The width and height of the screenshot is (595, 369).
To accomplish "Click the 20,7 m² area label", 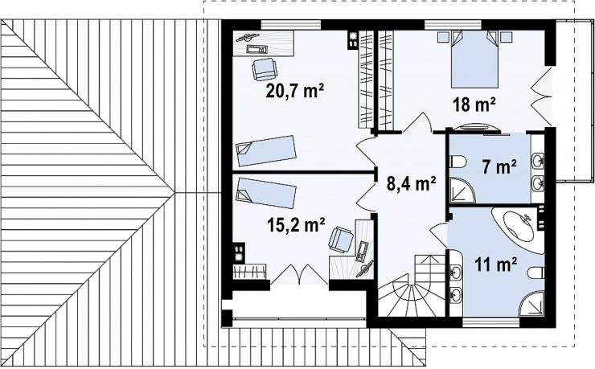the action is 295,91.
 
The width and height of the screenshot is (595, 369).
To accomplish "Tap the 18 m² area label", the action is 474,105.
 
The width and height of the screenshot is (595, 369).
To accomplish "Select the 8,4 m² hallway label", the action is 411,184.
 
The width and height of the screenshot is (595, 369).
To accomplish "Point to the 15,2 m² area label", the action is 296,225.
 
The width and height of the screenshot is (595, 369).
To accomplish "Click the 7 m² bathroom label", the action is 499,167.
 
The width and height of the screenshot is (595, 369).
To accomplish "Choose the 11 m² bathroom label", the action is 496,264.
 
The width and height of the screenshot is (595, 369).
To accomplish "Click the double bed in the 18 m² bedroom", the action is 474,59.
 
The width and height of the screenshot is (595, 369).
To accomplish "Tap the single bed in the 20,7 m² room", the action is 265,151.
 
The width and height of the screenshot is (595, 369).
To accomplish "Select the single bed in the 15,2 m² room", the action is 265,193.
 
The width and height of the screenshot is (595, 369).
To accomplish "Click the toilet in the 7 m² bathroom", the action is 458,162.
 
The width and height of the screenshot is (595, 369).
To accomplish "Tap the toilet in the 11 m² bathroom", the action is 535,273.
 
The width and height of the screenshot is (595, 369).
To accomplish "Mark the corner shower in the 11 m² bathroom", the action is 532,303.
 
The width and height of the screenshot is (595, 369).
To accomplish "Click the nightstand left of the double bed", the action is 442,36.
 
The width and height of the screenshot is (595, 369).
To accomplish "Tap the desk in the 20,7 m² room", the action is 264,43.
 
